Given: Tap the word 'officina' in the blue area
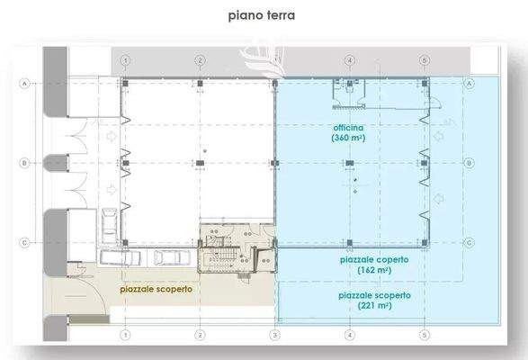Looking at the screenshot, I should point(348,128).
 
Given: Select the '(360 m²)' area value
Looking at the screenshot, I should point(348,139).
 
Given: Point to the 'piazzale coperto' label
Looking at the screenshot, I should point(374,259).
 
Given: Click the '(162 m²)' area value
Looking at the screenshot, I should point(375,270).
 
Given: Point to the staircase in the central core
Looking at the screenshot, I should point(215,262).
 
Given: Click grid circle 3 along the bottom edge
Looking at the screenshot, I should point(273,335).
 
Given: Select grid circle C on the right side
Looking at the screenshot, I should point(470,242).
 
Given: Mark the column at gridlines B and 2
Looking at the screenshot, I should point(200,163).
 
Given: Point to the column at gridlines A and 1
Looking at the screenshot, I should point(125,82).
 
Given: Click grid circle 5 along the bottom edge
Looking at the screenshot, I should point(424,335).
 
